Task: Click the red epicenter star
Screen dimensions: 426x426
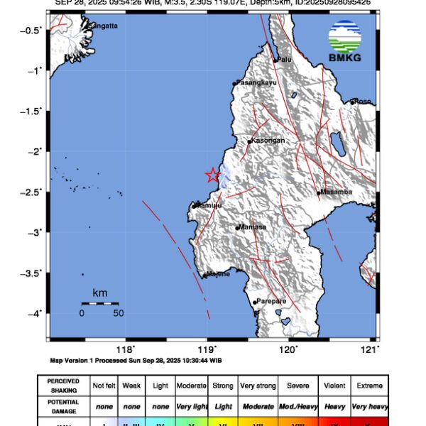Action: click(212, 175)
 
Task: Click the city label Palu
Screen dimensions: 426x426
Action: click(285, 60)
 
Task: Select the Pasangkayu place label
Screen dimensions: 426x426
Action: click(256, 83)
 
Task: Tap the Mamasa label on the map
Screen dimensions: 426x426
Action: click(252, 227)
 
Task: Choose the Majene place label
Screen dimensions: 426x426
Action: click(218, 274)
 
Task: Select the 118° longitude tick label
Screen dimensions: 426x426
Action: click(126, 349)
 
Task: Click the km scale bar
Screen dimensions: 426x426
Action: click(100, 304)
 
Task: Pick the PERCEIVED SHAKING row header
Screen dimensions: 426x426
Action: click(64, 386)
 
